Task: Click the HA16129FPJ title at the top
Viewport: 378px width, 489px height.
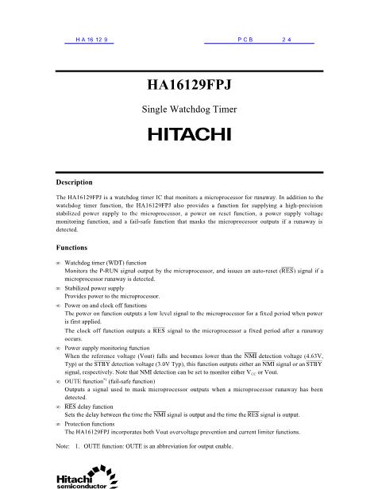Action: tap(188, 84)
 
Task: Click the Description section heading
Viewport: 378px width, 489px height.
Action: tap(78, 182)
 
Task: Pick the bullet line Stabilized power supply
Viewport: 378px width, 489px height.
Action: tap(98, 289)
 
